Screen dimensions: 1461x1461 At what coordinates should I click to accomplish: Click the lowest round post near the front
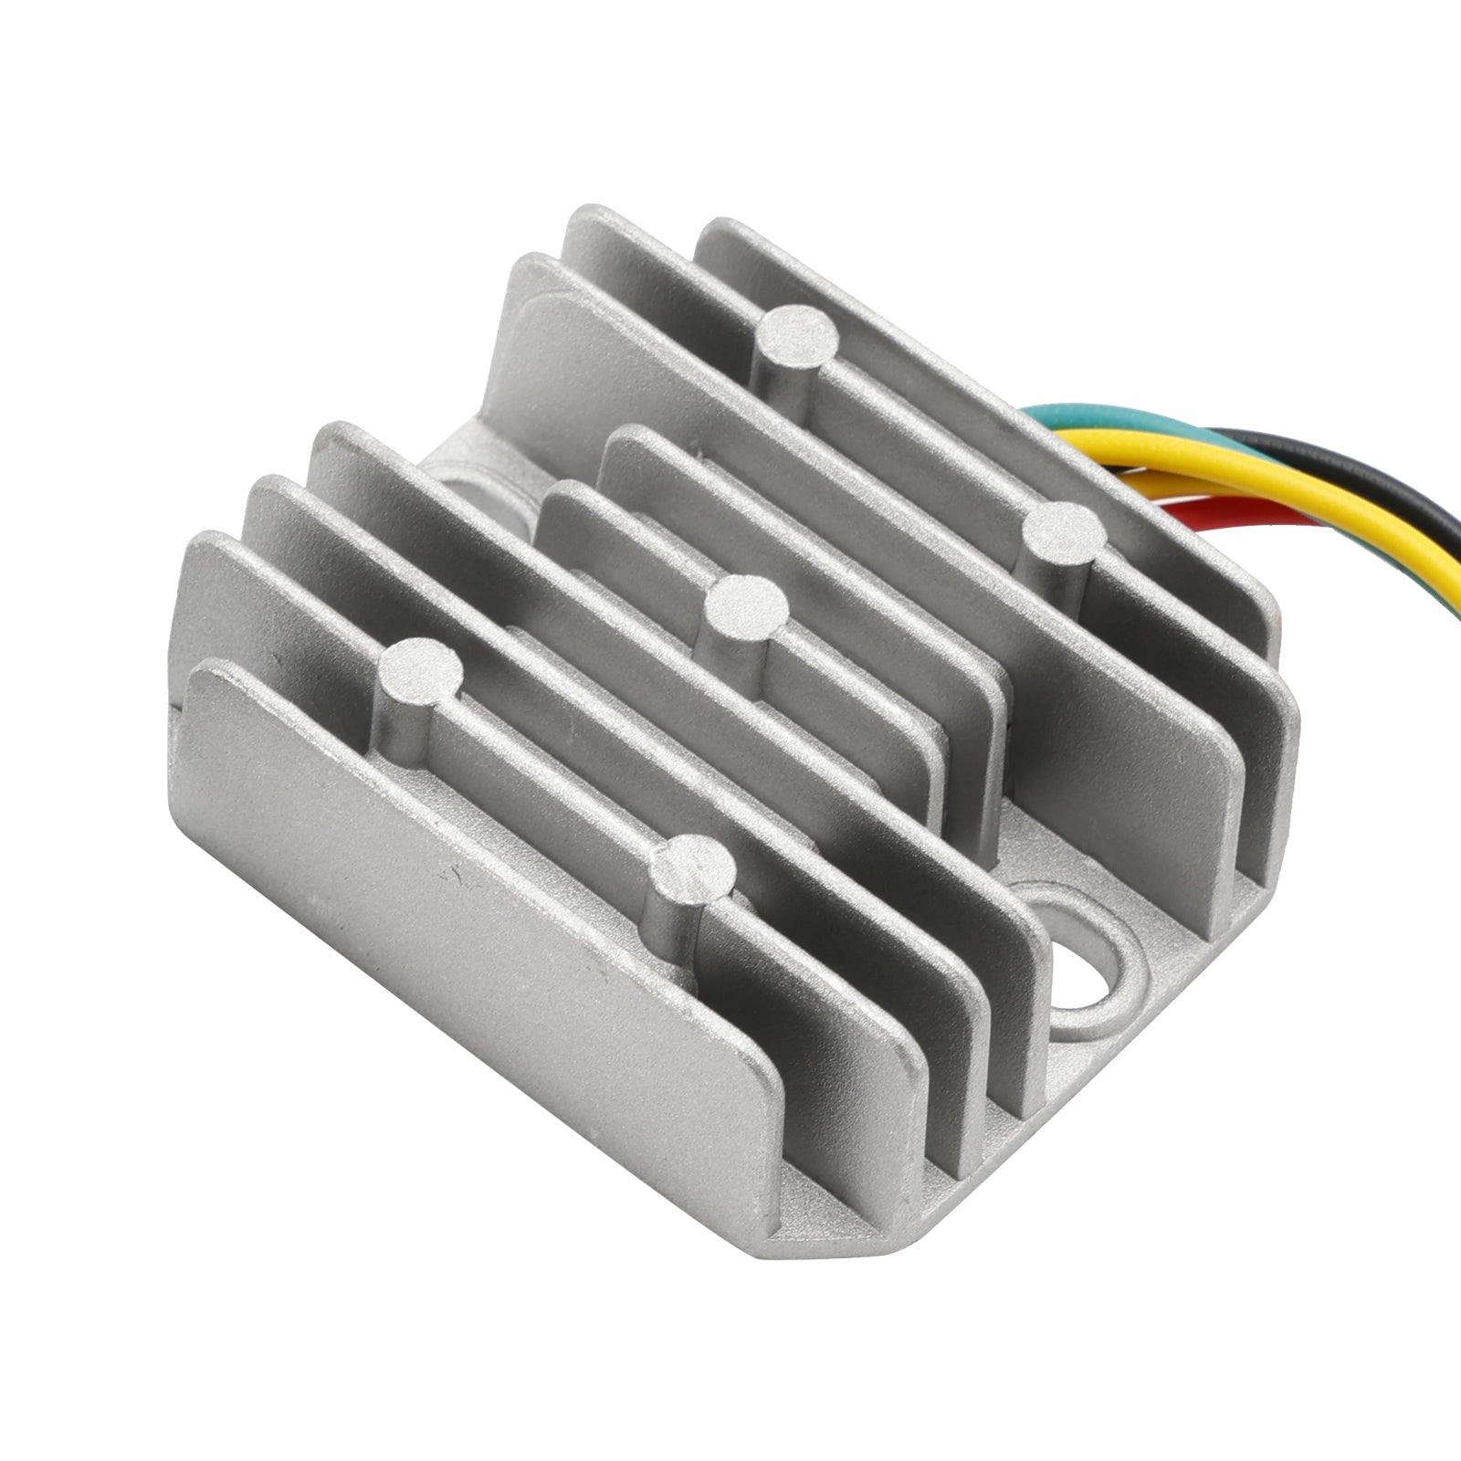[698, 867]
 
